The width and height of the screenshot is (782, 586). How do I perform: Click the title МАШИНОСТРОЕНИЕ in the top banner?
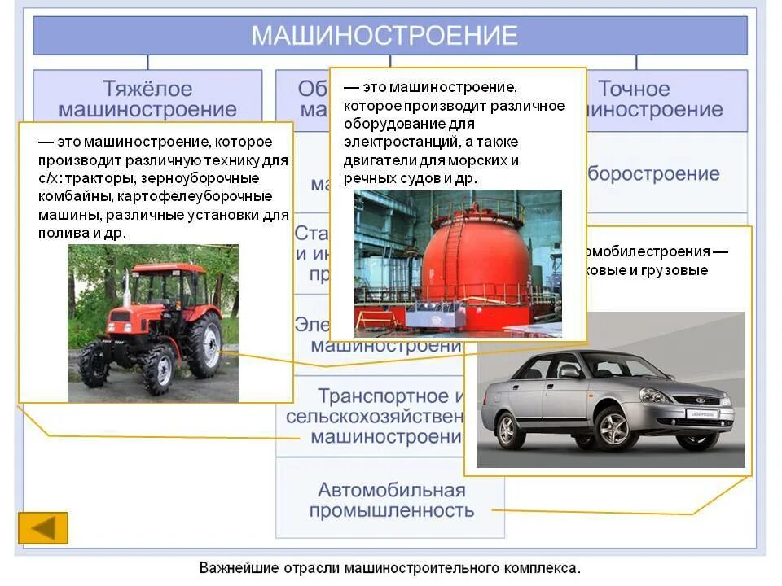(x=384, y=36)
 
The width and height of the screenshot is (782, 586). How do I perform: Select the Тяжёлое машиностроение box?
(x=147, y=98)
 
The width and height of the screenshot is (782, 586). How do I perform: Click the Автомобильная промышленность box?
(x=391, y=500)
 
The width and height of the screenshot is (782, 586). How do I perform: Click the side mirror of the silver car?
(x=569, y=371)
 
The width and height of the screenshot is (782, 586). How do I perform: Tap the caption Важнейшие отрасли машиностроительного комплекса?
(x=390, y=567)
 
